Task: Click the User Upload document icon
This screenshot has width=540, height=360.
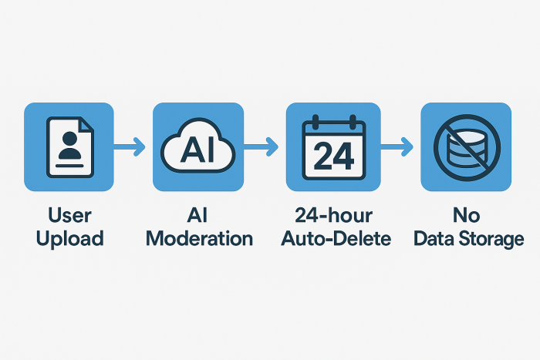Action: coord(69,146)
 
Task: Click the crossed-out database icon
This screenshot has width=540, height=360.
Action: coord(465,147)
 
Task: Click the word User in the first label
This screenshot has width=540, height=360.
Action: coord(69,215)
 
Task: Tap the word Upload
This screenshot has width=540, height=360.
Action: coord(69,239)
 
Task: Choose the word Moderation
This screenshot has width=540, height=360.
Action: coord(199,239)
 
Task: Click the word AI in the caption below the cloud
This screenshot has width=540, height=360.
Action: coord(198,215)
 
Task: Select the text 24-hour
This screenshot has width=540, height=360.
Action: coord(332,215)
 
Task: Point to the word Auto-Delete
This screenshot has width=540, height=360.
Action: coord(332,239)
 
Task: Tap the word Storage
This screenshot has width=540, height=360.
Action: coord(493,239)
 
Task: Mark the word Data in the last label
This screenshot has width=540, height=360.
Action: coord(433,239)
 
